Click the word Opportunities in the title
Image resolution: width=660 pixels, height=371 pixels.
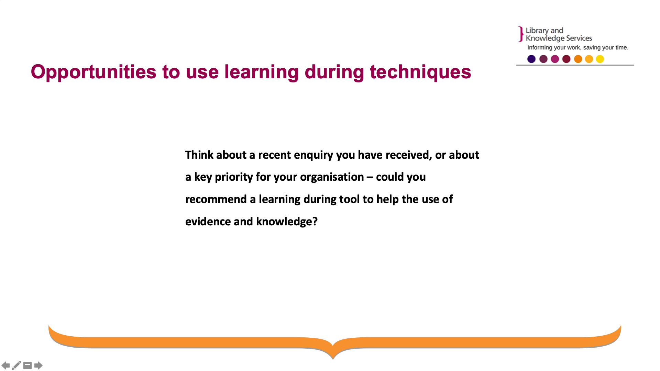coord(93,72)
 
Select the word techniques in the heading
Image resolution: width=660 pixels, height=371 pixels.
coord(420,72)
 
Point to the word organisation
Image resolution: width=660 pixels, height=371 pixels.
coord(332,177)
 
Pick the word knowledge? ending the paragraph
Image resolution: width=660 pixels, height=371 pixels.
coord(287,222)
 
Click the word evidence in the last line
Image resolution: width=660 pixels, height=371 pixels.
coord(208,222)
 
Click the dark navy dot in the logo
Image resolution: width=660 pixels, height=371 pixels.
coord(531,59)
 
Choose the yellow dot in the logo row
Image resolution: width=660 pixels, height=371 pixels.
coord(600,59)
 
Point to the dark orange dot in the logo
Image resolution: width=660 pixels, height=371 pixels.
coord(578,59)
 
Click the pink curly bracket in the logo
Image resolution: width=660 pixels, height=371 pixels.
coord(521,34)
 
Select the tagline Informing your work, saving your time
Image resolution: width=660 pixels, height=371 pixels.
coord(578,47)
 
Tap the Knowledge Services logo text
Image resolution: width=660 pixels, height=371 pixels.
coord(559,38)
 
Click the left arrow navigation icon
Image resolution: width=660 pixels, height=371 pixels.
coord(6,366)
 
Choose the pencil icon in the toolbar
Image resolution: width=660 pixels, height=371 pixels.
coord(16,366)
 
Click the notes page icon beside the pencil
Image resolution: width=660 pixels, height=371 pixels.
coord(27,366)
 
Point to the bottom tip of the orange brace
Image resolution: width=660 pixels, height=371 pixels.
coord(333,359)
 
